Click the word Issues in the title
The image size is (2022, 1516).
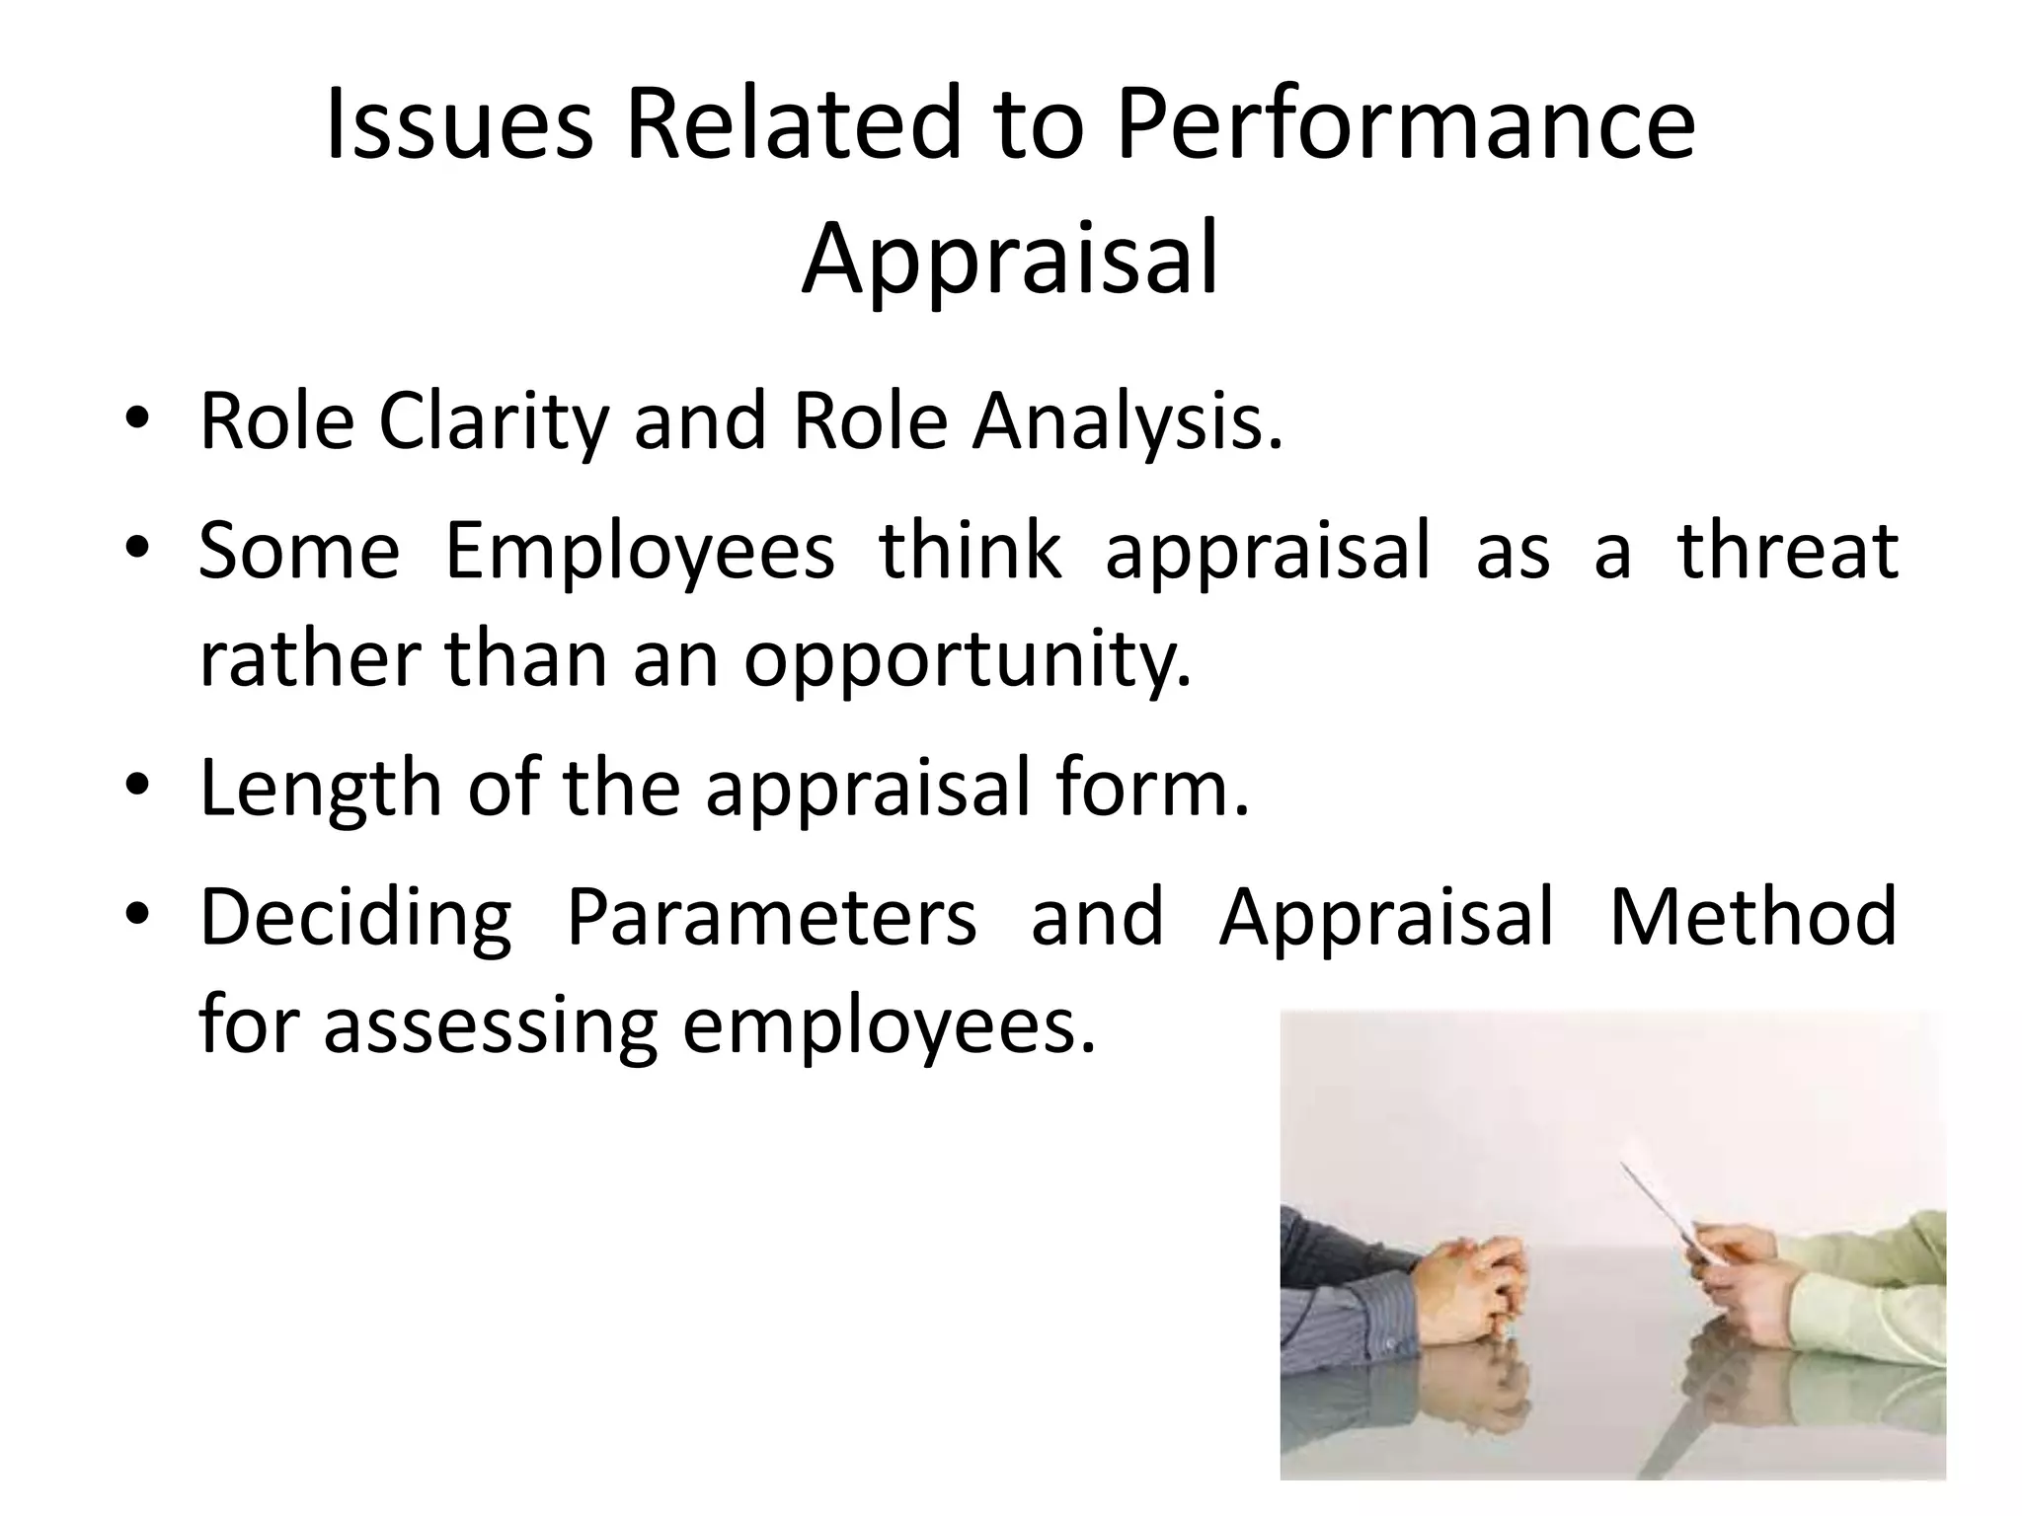459,125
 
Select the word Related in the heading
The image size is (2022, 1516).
793,125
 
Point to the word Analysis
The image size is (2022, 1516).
1128,422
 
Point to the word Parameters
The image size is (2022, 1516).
771,918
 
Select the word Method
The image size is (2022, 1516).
1752,918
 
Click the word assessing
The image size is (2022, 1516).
491,1026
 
